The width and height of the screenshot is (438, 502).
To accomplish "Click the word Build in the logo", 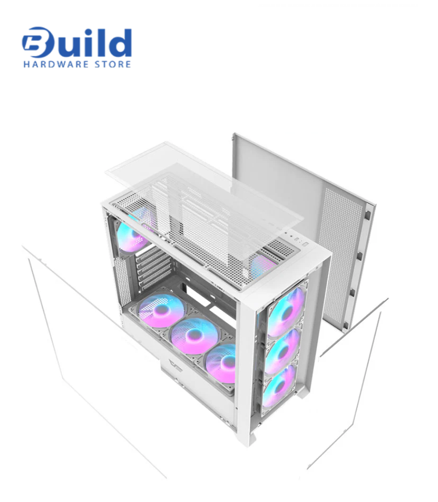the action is pyautogui.click(x=77, y=42).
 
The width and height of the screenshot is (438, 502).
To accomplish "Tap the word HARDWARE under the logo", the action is pyautogui.click(x=56, y=64).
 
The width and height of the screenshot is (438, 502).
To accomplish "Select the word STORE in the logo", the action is pyautogui.click(x=112, y=64).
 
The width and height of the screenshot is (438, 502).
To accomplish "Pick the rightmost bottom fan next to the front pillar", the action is pyautogui.click(x=221, y=363).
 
